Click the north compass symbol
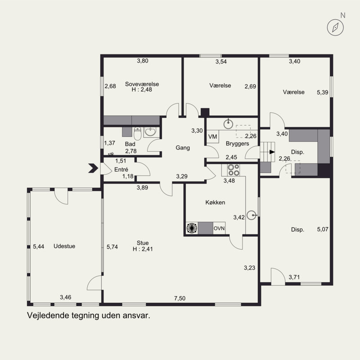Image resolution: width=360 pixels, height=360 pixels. (x=335, y=27)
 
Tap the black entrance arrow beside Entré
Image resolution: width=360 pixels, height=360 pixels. (x=93, y=168)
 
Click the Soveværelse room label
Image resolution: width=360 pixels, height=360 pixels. (x=142, y=84)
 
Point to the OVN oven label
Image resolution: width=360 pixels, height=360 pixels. (x=219, y=229)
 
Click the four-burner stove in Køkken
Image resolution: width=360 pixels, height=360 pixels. (x=233, y=170)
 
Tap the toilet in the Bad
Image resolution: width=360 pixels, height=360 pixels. (x=138, y=132)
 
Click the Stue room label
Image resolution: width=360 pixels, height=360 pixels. (x=143, y=243)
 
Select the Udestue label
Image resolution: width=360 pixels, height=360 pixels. (x=64, y=246)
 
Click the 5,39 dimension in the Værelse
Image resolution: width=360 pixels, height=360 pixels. (x=323, y=92)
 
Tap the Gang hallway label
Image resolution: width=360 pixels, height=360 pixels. (x=182, y=148)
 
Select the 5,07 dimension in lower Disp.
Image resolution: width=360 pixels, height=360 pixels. (x=323, y=229)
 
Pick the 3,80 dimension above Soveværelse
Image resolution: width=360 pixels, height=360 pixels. (x=143, y=61)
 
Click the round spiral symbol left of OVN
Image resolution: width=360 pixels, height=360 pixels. (x=192, y=228)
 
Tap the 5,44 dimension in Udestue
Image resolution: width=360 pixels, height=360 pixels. (x=39, y=247)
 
